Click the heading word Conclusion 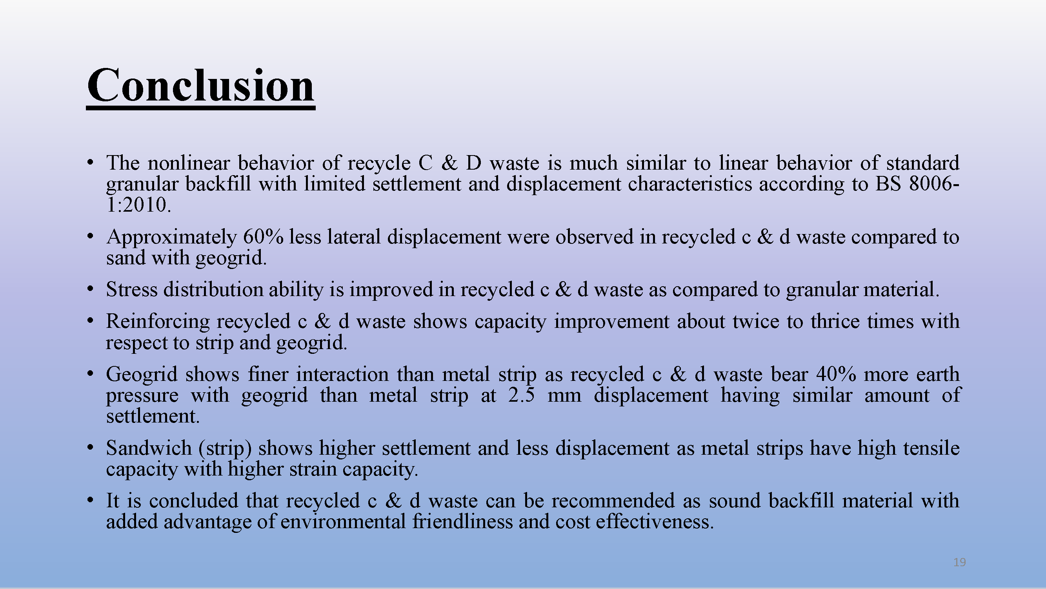[200, 85]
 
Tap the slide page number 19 [959, 562]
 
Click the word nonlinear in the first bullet [189, 163]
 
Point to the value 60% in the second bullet [263, 236]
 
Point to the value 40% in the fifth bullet [836, 374]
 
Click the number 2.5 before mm [521, 395]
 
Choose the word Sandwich [149, 448]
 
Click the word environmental [343, 521]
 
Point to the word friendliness [462, 521]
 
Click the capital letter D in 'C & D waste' [473, 163]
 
